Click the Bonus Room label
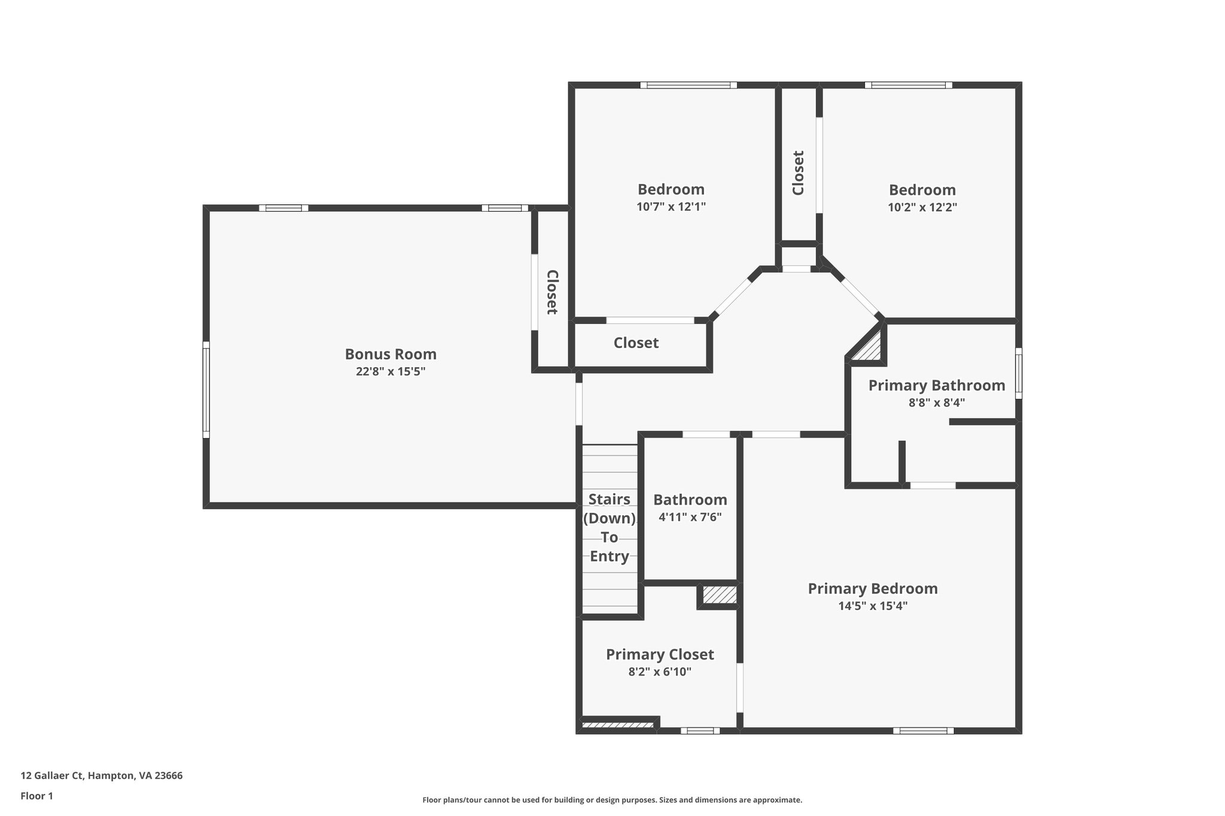pyautogui.click(x=391, y=354)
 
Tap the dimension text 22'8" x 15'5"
pyautogui.click(x=391, y=371)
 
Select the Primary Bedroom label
pyautogui.click(x=873, y=588)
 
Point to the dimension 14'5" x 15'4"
pyautogui.click(x=873, y=606)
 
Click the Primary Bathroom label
pyautogui.click(x=936, y=385)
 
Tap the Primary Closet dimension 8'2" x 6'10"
pyautogui.click(x=660, y=671)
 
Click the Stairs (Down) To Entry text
pyautogui.click(x=610, y=527)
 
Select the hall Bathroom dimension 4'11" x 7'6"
pyautogui.click(x=690, y=517)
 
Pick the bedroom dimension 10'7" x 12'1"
pyautogui.click(x=671, y=207)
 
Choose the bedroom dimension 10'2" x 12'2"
pyautogui.click(x=922, y=207)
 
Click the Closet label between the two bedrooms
pyautogui.click(x=798, y=173)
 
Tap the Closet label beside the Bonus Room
pyautogui.click(x=551, y=292)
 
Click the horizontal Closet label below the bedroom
pyautogui.click(x=636, y=343)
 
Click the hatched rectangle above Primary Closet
pyautogui.click(x=719, y=595)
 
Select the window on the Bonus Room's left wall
pyautogui.click(x=206, y=390)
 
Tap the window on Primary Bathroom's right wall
pyautogui.click(x=1018, y=373)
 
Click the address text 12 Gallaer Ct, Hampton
pyautogui.click(x=102, y=775)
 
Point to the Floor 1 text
pyautogui.click(x=37, y=796)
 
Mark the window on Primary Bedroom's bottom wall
pyautogui.click(x=923, y=730)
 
